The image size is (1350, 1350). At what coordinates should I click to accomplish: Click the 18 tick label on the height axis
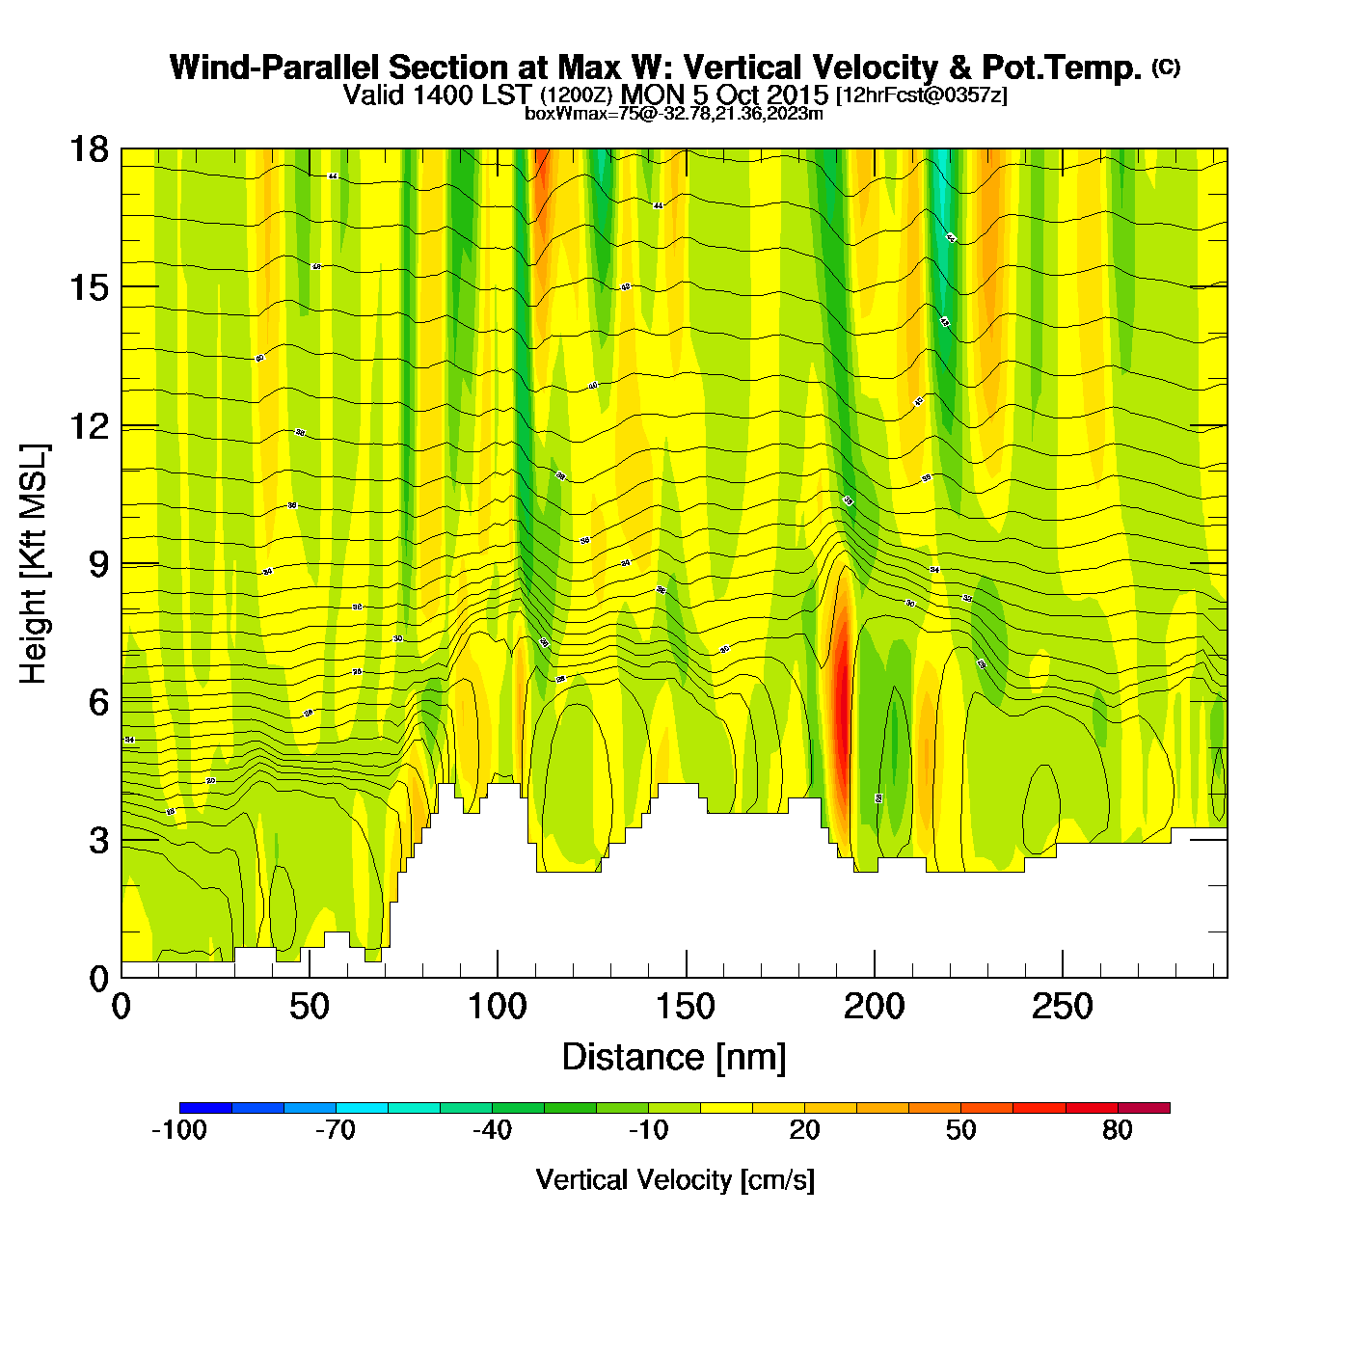pos(88,149)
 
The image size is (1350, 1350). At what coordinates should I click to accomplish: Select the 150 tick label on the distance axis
pos(686,1008)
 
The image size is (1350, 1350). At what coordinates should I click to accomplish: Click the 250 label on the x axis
pos(1062,1008)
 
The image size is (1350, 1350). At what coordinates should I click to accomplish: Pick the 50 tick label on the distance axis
pos(309,1008)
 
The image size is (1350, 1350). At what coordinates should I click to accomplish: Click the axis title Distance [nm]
pos(674,1058)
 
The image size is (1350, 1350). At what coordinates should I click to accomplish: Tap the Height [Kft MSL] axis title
pos(34,564)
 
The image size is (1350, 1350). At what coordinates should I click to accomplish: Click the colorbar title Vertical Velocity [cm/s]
pos(675,1179)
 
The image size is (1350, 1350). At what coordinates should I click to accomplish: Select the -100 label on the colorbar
pos(179,1130)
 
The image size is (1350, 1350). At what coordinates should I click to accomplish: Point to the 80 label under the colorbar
pos(1117,1130)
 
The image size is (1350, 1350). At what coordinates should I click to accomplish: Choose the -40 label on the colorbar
pos(492,1130)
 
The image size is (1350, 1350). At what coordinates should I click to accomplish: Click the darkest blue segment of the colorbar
pos(205,1108)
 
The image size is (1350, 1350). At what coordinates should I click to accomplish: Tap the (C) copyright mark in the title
pos(1166,67)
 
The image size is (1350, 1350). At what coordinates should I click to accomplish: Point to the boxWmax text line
pos(674,114)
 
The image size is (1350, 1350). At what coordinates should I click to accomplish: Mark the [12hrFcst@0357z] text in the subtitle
pos(921,95)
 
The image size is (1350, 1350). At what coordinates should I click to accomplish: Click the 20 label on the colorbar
pos(804,1130)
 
